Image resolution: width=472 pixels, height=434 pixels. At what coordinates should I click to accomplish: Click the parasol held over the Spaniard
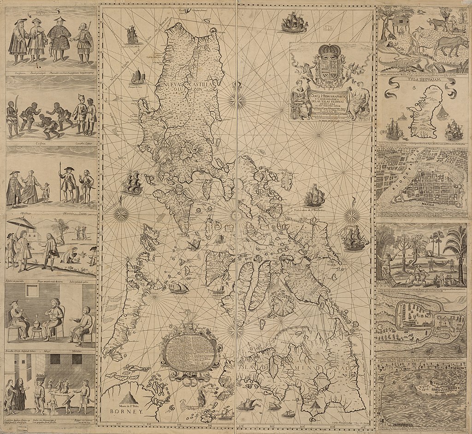(21, 223)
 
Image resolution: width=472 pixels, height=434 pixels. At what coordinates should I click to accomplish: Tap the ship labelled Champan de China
(138, 77)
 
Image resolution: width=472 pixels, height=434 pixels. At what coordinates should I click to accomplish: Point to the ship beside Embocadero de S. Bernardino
(314, 196)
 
